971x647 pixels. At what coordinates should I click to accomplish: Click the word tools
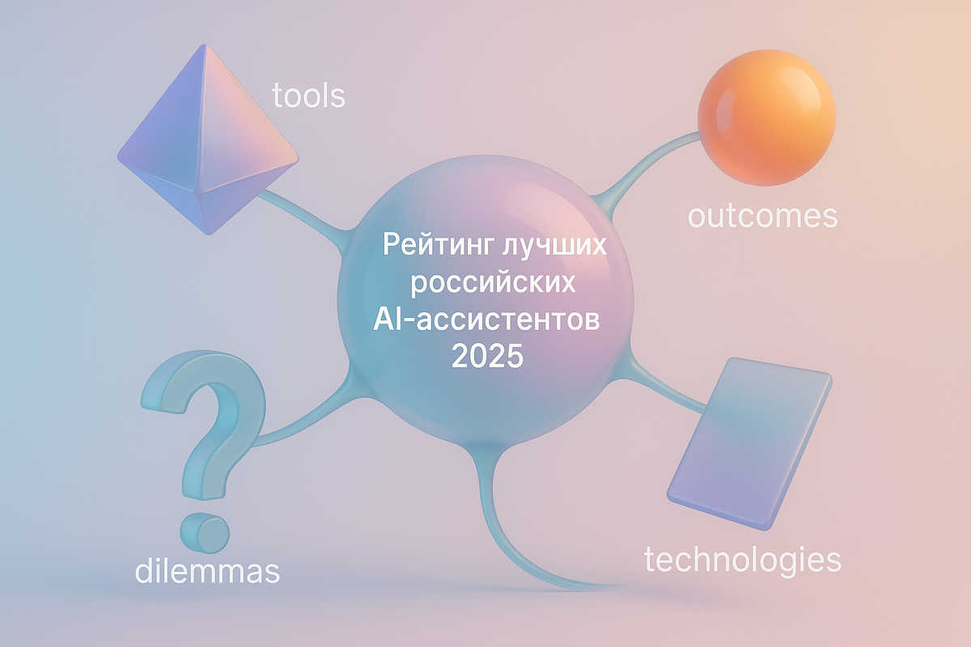pyautogui.click(x=308, y=95)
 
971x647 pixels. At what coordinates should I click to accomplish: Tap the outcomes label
pyautogui.click(x=761, y=216)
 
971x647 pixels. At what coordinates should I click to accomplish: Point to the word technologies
pyautogui.click(x=742, y=559)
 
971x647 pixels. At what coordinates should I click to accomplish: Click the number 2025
pyautogui.click(x=487, y=356)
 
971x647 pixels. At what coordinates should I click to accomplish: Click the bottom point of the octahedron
pyautogui.click(x=210, y=234)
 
